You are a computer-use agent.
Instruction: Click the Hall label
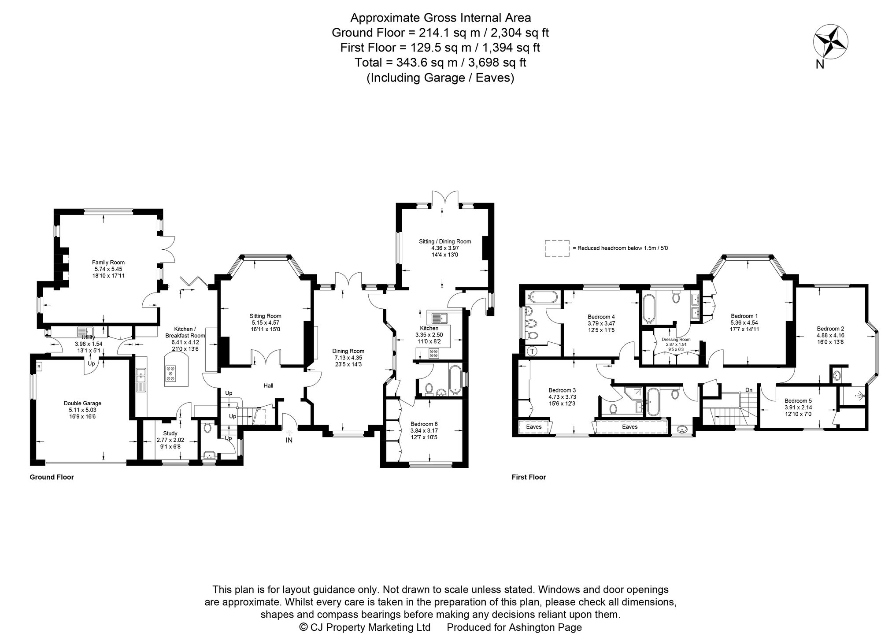(268, 386)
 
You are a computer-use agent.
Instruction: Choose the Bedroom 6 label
(424, 424)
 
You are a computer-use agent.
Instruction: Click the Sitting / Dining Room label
(445, 241)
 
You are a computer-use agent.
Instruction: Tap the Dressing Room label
(676, 340)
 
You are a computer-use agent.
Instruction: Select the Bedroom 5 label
(798, 401)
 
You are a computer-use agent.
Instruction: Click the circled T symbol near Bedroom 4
(533, 351)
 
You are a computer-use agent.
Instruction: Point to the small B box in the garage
(39, 367)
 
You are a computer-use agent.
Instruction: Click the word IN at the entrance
(289, 440)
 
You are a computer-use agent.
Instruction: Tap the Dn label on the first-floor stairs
(749, 390)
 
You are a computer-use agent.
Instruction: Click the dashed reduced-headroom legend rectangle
(557, 248)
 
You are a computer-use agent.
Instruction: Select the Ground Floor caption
(52, 477)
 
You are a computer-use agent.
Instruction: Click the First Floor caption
(529, 477)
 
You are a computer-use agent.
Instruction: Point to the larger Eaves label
(630, 427)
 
